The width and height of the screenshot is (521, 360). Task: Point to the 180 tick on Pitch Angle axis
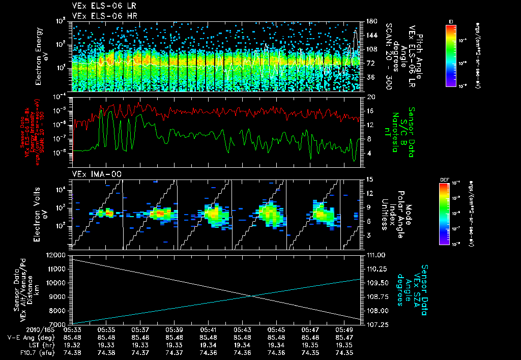point(371,21)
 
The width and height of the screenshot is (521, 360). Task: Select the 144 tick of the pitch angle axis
point(371,36)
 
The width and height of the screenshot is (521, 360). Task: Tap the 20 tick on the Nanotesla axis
point(371,97)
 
